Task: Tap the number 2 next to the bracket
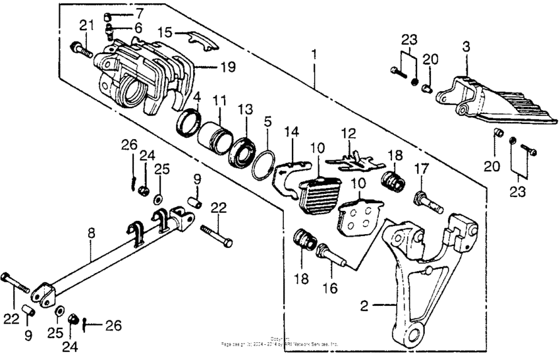pyautogui.click(x=364, y=306)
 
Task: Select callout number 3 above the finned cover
pyautogui.click(x=466, y=47)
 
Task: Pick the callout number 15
pyautogui.click(x=164, y=31)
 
